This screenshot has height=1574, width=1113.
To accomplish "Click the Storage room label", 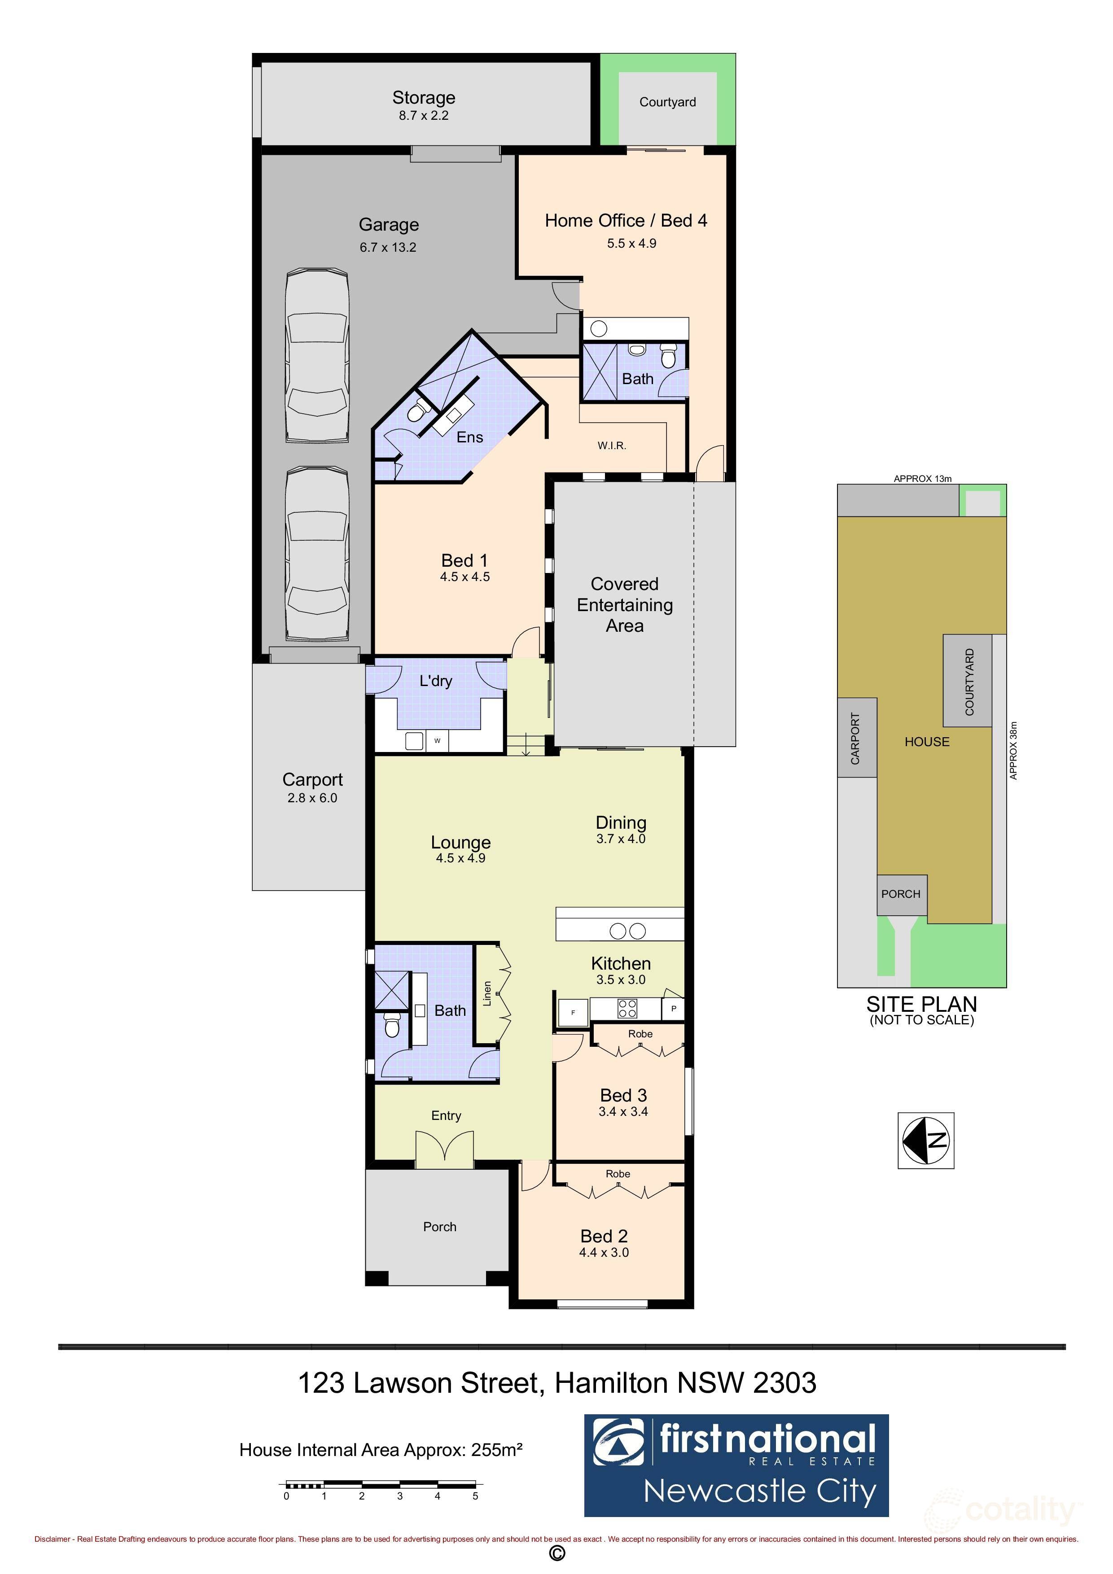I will (x=423, y=97).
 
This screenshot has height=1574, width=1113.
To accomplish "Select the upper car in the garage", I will (x=317, y=356).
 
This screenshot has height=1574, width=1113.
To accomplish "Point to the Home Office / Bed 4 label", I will (x=626, y=221).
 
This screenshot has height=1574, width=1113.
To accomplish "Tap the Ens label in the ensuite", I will (x=470, y=437).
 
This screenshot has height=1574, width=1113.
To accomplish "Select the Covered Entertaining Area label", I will (x=624, y=605).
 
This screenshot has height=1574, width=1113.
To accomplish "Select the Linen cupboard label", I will (x=487, y=993).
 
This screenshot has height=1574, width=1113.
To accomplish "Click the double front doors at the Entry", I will (x=444, y=1150).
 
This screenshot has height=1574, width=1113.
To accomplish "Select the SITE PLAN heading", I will (x=921, y=1004).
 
